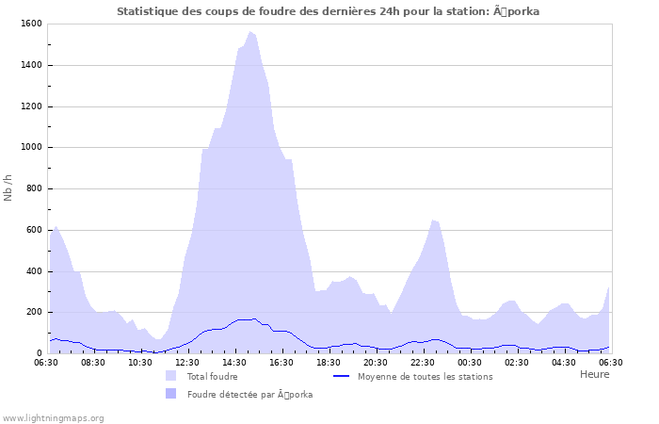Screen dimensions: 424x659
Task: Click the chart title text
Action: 329,11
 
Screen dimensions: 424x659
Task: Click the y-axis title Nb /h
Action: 8,188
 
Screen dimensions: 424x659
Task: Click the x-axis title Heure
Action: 594,374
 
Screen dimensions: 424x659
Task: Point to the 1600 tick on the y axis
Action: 29,24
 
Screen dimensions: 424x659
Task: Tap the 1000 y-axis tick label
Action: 29,147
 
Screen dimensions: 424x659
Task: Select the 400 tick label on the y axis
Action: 32,271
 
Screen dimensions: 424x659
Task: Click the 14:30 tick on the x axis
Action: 234,362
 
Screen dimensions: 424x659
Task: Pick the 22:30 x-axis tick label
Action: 423,362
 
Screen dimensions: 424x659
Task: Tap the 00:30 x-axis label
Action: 470,362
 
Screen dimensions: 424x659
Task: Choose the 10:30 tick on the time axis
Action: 140,362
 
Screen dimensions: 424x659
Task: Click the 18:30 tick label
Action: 329,362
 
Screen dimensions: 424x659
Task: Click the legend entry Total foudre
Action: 212,376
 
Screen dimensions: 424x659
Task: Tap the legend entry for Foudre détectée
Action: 249,394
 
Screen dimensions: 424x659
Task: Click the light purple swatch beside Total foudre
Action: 171,376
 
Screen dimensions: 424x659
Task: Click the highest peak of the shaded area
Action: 250,31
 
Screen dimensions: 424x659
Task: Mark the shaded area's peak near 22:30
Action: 433,220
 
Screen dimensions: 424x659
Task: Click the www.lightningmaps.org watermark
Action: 53,417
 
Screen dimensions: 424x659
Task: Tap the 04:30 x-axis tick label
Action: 564,362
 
